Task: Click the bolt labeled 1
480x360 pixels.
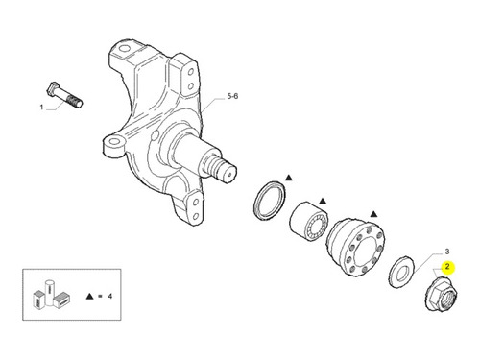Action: (65, 95)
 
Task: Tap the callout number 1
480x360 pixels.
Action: (41, 107)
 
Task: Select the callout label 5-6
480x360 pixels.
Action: (232, 96)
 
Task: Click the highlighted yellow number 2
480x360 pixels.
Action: (447, 267)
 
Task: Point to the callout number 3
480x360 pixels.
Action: (447, 252)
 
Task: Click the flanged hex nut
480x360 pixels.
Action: (441, 294)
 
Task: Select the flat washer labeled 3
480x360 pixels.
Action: (401, 272)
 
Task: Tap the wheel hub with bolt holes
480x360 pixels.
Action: (355, 247)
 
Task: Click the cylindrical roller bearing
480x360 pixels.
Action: (309, 221)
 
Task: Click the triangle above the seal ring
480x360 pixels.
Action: (289, 178)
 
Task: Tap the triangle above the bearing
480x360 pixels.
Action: (323, 202)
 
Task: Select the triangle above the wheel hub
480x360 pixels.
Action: (373, 214)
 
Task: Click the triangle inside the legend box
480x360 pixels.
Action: (89, 296)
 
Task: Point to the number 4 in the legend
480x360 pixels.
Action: (110, 296)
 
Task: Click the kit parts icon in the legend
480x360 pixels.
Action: (52, 295)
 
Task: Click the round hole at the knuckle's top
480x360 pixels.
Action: (125, 48)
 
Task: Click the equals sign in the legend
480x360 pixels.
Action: (100, 296)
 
